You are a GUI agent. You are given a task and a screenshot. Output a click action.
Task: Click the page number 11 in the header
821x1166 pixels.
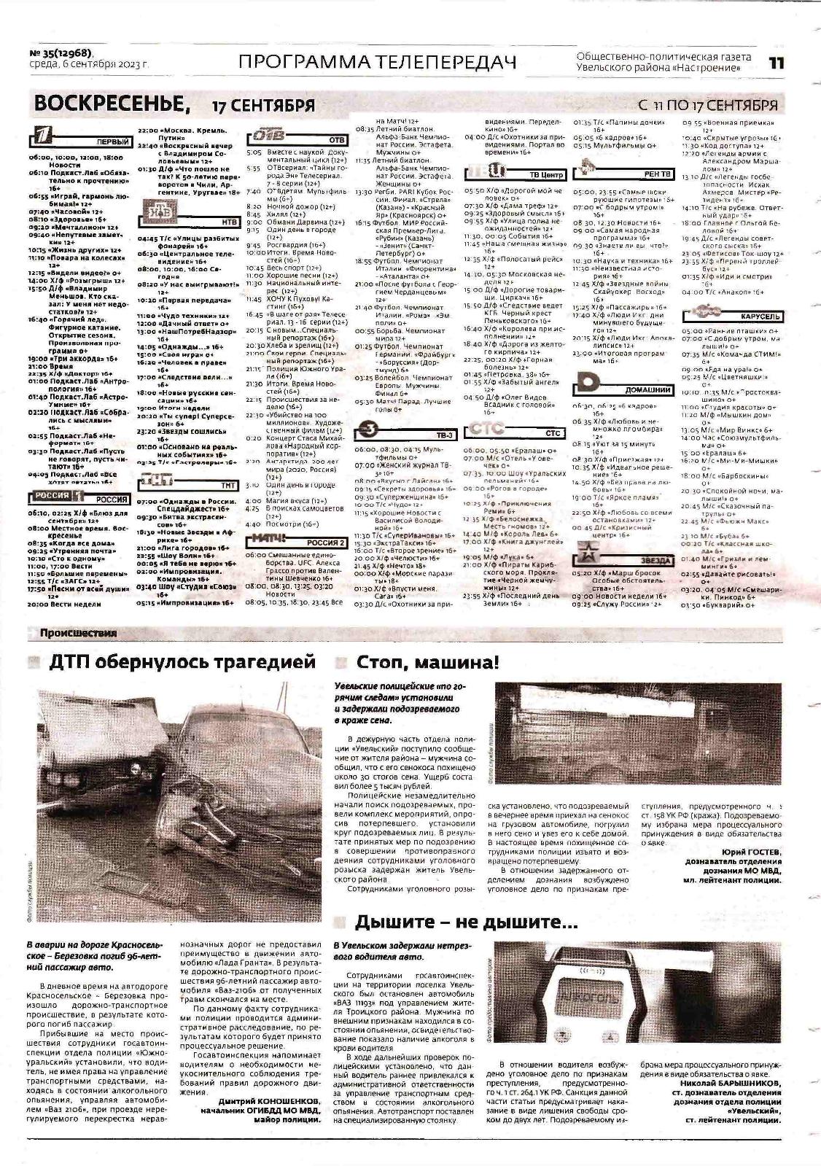click(x=776, y=63)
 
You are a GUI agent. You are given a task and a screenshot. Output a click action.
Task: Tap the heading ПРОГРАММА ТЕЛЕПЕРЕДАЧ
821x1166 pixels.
click(x=376, y=63)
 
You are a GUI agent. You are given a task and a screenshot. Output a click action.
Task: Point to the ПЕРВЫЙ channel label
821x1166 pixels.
click(x=112, y=143)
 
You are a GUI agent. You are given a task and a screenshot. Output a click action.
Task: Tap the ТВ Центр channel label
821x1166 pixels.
click(x=546, y=175)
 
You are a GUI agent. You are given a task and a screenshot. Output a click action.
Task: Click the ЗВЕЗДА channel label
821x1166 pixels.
click(x=653, y=560)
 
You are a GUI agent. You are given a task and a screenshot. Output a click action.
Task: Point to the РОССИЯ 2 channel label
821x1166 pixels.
click(x=325, y=542)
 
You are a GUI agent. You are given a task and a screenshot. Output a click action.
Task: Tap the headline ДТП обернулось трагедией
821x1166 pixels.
click(x=182, y=662)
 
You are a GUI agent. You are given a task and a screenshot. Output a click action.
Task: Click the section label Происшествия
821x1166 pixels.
click(x=78, y=633)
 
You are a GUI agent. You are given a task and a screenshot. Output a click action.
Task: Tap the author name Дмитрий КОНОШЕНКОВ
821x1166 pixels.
click(x=259, y=1101)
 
